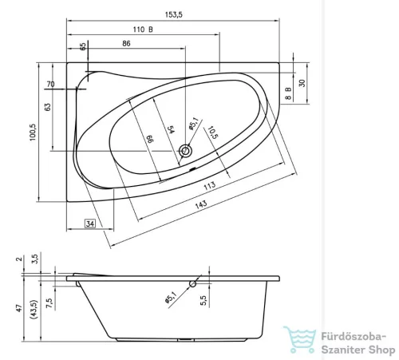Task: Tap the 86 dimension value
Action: [125, 43]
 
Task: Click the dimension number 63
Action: [48, 106]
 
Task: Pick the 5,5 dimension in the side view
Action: [204, 307]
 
